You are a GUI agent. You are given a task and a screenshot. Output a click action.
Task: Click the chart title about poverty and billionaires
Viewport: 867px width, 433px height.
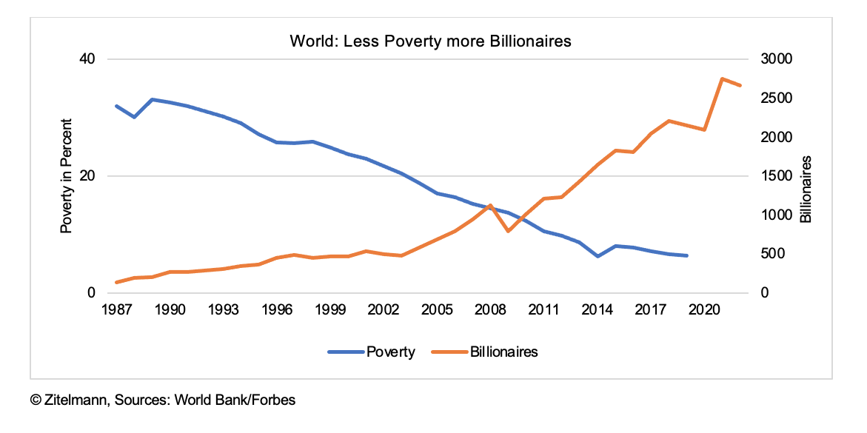[431, 41]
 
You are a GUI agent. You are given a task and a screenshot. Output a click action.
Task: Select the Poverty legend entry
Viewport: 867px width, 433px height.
[390, 352]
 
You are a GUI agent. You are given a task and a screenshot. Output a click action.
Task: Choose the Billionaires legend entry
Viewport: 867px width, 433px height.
[503, 352]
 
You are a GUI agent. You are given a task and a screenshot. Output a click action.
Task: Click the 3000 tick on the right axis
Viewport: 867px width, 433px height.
[772, 59]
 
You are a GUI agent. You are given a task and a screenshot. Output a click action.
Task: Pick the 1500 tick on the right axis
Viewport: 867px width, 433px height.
[772, 176]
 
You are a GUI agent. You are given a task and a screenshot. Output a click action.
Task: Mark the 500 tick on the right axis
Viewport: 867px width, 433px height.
[769, 254]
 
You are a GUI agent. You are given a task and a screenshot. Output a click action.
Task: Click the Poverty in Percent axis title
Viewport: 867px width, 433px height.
[67, 176]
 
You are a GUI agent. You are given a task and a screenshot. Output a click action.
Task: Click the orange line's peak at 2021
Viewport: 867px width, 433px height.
[722, 78]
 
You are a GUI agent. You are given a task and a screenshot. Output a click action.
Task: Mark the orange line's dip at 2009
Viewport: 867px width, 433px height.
[508, 231]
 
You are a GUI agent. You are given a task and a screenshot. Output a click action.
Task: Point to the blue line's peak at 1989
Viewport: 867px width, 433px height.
[152, 99]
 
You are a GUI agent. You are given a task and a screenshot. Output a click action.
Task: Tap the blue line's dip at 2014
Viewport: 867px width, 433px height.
[597, 256]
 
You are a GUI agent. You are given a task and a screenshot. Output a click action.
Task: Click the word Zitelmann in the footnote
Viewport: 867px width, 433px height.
[76, 400]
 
